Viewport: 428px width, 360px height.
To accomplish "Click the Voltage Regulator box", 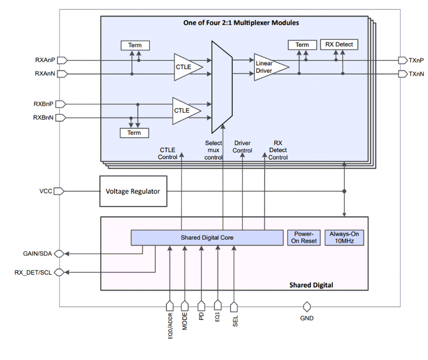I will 133,191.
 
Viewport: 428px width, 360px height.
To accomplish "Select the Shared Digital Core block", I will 207,237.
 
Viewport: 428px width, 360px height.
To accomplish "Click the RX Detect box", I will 339,45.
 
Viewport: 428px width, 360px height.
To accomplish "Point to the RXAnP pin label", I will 45,60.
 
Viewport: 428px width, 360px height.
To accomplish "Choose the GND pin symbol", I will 307,306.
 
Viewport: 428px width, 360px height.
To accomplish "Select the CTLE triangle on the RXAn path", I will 186,67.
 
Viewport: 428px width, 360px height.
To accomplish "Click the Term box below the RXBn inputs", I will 134,133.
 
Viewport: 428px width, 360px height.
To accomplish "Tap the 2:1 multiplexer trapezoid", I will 222,87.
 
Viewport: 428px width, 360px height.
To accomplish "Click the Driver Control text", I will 242,147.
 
